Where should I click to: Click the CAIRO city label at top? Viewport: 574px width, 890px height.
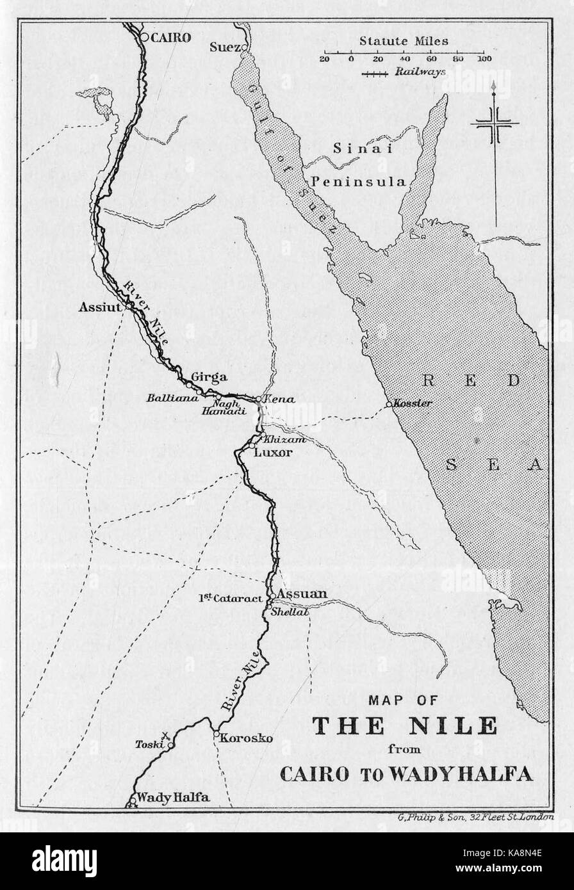(x=171, y=38)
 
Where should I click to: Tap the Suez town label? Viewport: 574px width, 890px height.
(x=225, y=47)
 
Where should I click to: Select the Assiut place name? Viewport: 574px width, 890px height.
(x=100, y=307)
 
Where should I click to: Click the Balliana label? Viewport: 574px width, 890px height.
(x=168, y=398)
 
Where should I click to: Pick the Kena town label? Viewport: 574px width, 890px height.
(x=279, y=399)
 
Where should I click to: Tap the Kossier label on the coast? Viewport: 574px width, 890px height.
(x=413, y=403)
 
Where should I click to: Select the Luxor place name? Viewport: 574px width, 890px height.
(x=273, y=453)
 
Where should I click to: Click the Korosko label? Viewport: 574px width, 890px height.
(x=246, y=738)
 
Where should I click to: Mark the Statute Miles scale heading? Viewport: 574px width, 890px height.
(x=404, y=41)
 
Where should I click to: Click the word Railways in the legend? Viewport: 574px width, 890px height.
(x=420, y=72)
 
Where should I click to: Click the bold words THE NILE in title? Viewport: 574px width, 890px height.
(x=404, y=725)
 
